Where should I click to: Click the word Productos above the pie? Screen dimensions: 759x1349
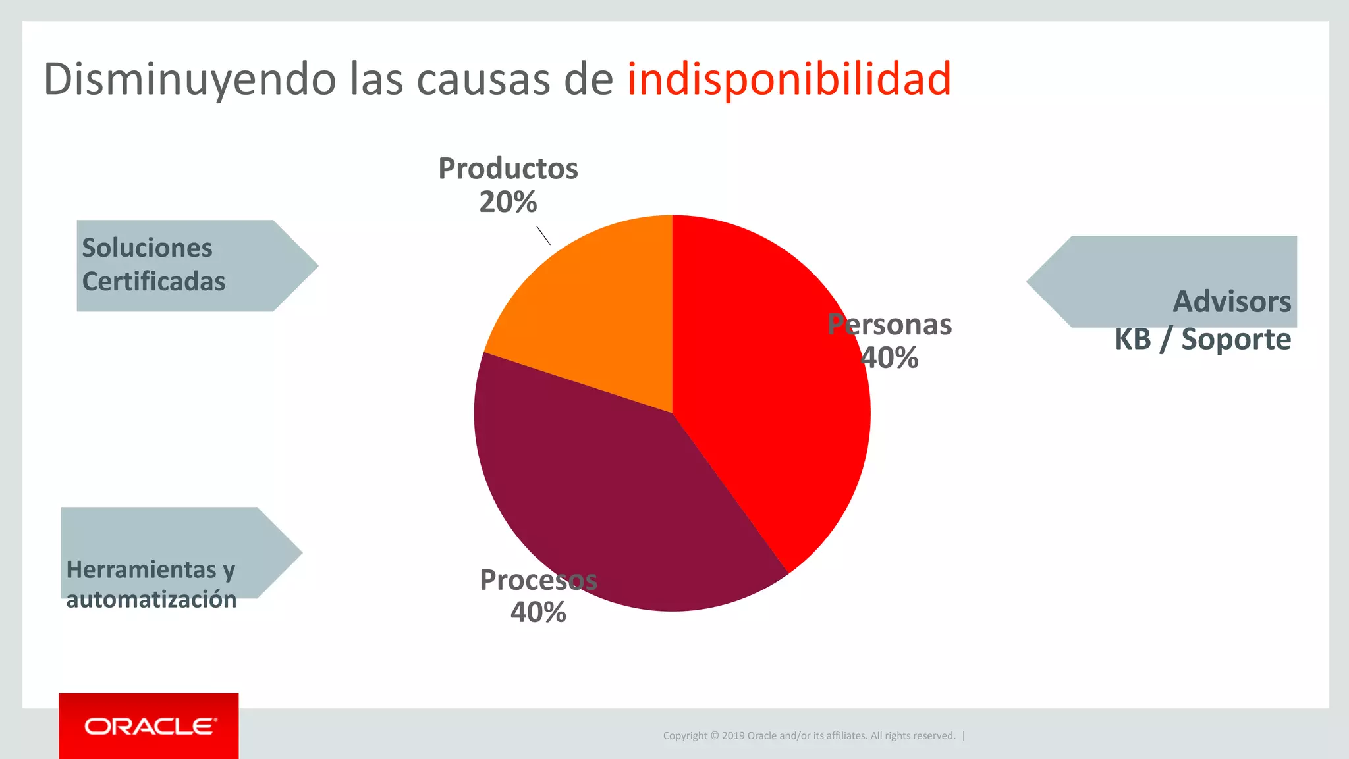[x=508, y=169]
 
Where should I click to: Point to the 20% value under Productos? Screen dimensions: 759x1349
[x=508, y=202]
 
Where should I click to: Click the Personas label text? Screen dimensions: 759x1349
[x=889, y=325]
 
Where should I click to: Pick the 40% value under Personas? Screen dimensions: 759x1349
[x=889, y=358]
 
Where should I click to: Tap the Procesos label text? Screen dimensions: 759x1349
[x=538, y=580]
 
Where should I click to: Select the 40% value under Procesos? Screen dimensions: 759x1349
[x=538, y=613]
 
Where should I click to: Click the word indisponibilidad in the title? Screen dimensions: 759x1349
[x=788, y=79]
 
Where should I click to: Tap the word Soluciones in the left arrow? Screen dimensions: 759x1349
[x=147, y=248]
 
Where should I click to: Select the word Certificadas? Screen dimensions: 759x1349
[x=153, y=282]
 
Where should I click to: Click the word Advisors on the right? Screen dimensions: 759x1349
[x=1232, y=302]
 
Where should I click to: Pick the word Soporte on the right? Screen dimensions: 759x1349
[x=1236, y=340]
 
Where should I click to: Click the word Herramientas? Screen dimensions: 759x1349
[x=142, y=570]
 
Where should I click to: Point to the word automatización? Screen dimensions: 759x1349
[x=151, y=600]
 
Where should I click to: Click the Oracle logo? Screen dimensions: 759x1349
[x=149, y=726]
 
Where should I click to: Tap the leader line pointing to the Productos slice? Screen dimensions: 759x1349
[x=543, y=236]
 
